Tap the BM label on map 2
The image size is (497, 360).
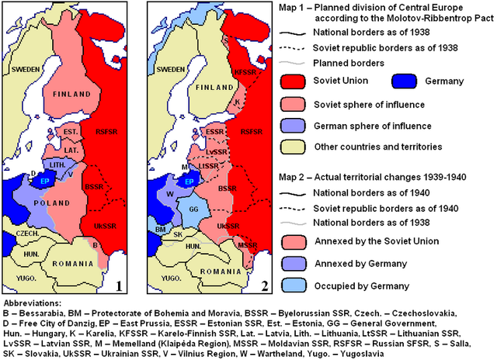(x=158, y=230)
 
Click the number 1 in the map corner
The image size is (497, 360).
(x=120, y=286)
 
